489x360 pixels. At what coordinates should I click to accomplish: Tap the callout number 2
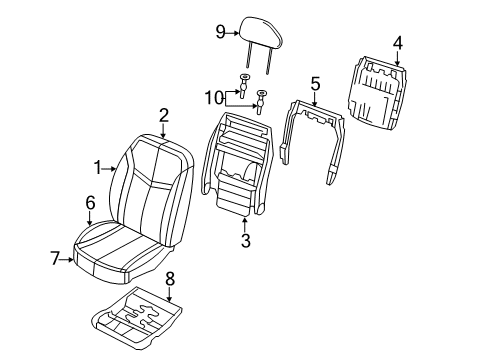coord(163,115)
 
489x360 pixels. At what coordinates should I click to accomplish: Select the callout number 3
coord(244,240)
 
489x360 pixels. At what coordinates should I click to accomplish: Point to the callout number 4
coord(397,42)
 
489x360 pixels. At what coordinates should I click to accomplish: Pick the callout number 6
coord(90,202)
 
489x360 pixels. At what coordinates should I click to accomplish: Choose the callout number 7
coord(56,258)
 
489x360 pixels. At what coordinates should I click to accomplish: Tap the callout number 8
coord(169,279)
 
